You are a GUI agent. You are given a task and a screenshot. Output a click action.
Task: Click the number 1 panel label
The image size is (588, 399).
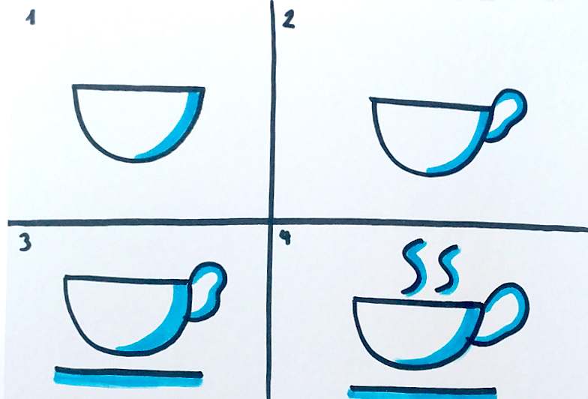(31, 18)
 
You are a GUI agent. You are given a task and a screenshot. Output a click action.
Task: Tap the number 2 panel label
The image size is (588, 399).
(288, 19)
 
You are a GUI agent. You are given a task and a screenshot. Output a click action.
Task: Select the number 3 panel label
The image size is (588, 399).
(25, 243)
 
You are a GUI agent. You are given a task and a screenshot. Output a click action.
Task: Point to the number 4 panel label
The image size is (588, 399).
(286, 237)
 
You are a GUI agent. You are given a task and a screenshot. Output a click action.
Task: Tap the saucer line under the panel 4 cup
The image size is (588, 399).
(423, 391)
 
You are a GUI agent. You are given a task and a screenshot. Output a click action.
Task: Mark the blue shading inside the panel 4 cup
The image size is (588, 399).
(450, 345)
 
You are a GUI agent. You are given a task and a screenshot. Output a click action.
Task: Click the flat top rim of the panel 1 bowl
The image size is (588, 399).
(138, 88)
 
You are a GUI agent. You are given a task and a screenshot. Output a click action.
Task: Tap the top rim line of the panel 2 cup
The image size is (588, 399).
(431, 104)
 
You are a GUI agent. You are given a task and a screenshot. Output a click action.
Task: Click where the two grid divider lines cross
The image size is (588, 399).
(271, 220)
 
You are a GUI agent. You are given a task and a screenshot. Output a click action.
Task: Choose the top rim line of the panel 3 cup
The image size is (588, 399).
(128, 279)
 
